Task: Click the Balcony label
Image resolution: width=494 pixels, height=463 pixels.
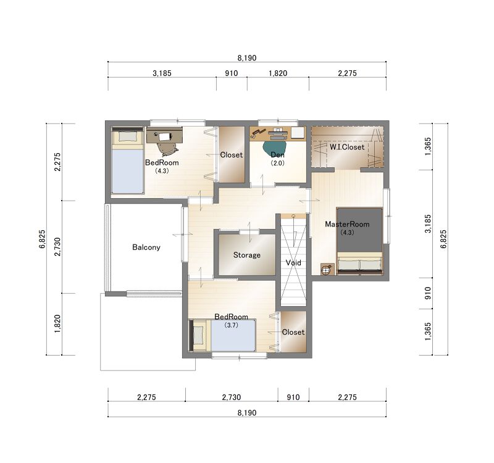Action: (146, 248)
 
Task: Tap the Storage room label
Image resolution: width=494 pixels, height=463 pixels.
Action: (246, 255)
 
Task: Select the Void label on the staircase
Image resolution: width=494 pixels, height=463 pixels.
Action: (293, 262)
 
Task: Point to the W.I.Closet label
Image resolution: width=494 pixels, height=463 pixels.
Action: (347, 147)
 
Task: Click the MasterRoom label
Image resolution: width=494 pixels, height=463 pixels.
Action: (347, 224)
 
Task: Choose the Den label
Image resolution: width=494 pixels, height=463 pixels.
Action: (277, 155)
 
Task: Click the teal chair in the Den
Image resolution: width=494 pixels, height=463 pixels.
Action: (274, 147)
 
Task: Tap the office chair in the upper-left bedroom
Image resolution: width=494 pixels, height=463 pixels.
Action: (167, 148)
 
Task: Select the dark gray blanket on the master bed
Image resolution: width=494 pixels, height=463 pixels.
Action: (359, 230)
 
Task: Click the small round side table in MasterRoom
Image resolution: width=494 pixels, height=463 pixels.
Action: (327, 269)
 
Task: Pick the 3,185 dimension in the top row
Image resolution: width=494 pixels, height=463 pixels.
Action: (162, 73)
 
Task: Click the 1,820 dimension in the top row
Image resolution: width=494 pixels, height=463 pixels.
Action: (278, 73)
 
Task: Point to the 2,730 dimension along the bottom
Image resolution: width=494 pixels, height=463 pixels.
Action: (232, 397)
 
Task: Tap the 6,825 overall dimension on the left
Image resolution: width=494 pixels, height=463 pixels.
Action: (43, 240)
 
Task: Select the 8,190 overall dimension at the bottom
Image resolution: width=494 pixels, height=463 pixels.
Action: (247, 412)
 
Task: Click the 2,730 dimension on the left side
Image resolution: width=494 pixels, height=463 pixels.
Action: (57, 247)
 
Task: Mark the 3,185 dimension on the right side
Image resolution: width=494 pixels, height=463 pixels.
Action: (428, 224)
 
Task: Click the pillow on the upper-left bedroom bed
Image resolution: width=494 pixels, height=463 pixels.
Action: (128, 136)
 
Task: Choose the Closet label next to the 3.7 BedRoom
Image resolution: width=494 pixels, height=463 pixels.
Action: (293, 332)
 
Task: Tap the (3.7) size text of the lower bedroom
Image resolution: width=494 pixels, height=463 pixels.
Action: (231, 325)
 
